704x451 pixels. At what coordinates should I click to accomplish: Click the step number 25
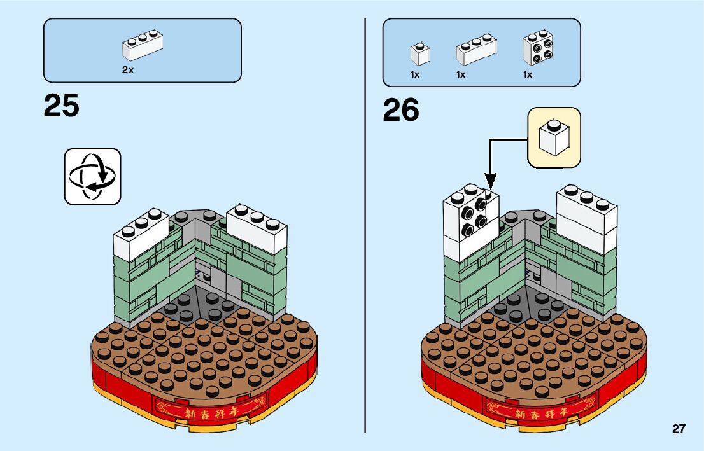62,106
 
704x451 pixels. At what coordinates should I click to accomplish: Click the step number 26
401,111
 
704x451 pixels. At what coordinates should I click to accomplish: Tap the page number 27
679,429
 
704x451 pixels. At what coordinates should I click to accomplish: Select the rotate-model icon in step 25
92,176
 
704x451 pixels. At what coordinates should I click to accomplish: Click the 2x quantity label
128,71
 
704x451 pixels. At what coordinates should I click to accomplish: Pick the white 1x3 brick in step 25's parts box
143,46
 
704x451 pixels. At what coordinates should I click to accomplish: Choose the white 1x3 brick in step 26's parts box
475,49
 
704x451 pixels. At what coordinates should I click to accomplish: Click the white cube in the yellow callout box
553,137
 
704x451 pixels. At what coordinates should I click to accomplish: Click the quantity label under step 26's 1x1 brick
415,75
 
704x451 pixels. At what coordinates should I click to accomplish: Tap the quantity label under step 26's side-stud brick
528,75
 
